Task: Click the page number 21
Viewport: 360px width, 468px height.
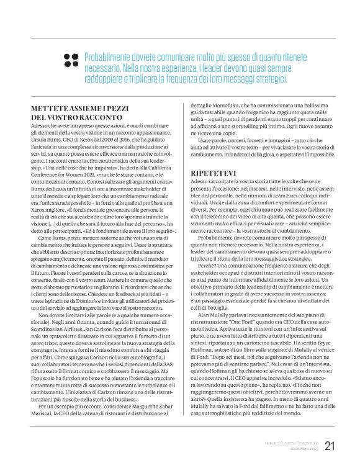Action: pyautogui.click(x=330, y=445)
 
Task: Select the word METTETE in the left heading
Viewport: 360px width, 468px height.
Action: pyautogui.click(x=50, y=108)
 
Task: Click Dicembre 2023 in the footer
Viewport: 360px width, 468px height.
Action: pyautogui.click(x=301, y=448)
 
